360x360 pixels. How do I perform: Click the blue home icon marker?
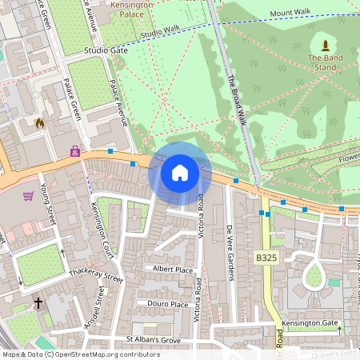[x=180, y=173]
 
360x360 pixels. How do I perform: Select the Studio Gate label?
[x=106, y=50]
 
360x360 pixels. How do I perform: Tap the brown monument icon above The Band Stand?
[x=325, y=45]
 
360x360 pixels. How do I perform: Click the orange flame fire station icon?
[x=39, y=123]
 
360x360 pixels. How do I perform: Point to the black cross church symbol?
[x=38, y=303]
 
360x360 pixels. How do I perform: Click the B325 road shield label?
[x=267, y=258]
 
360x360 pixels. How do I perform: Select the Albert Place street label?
[x=174, y=270]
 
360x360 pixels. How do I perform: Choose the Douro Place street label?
[x=168, y=304]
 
